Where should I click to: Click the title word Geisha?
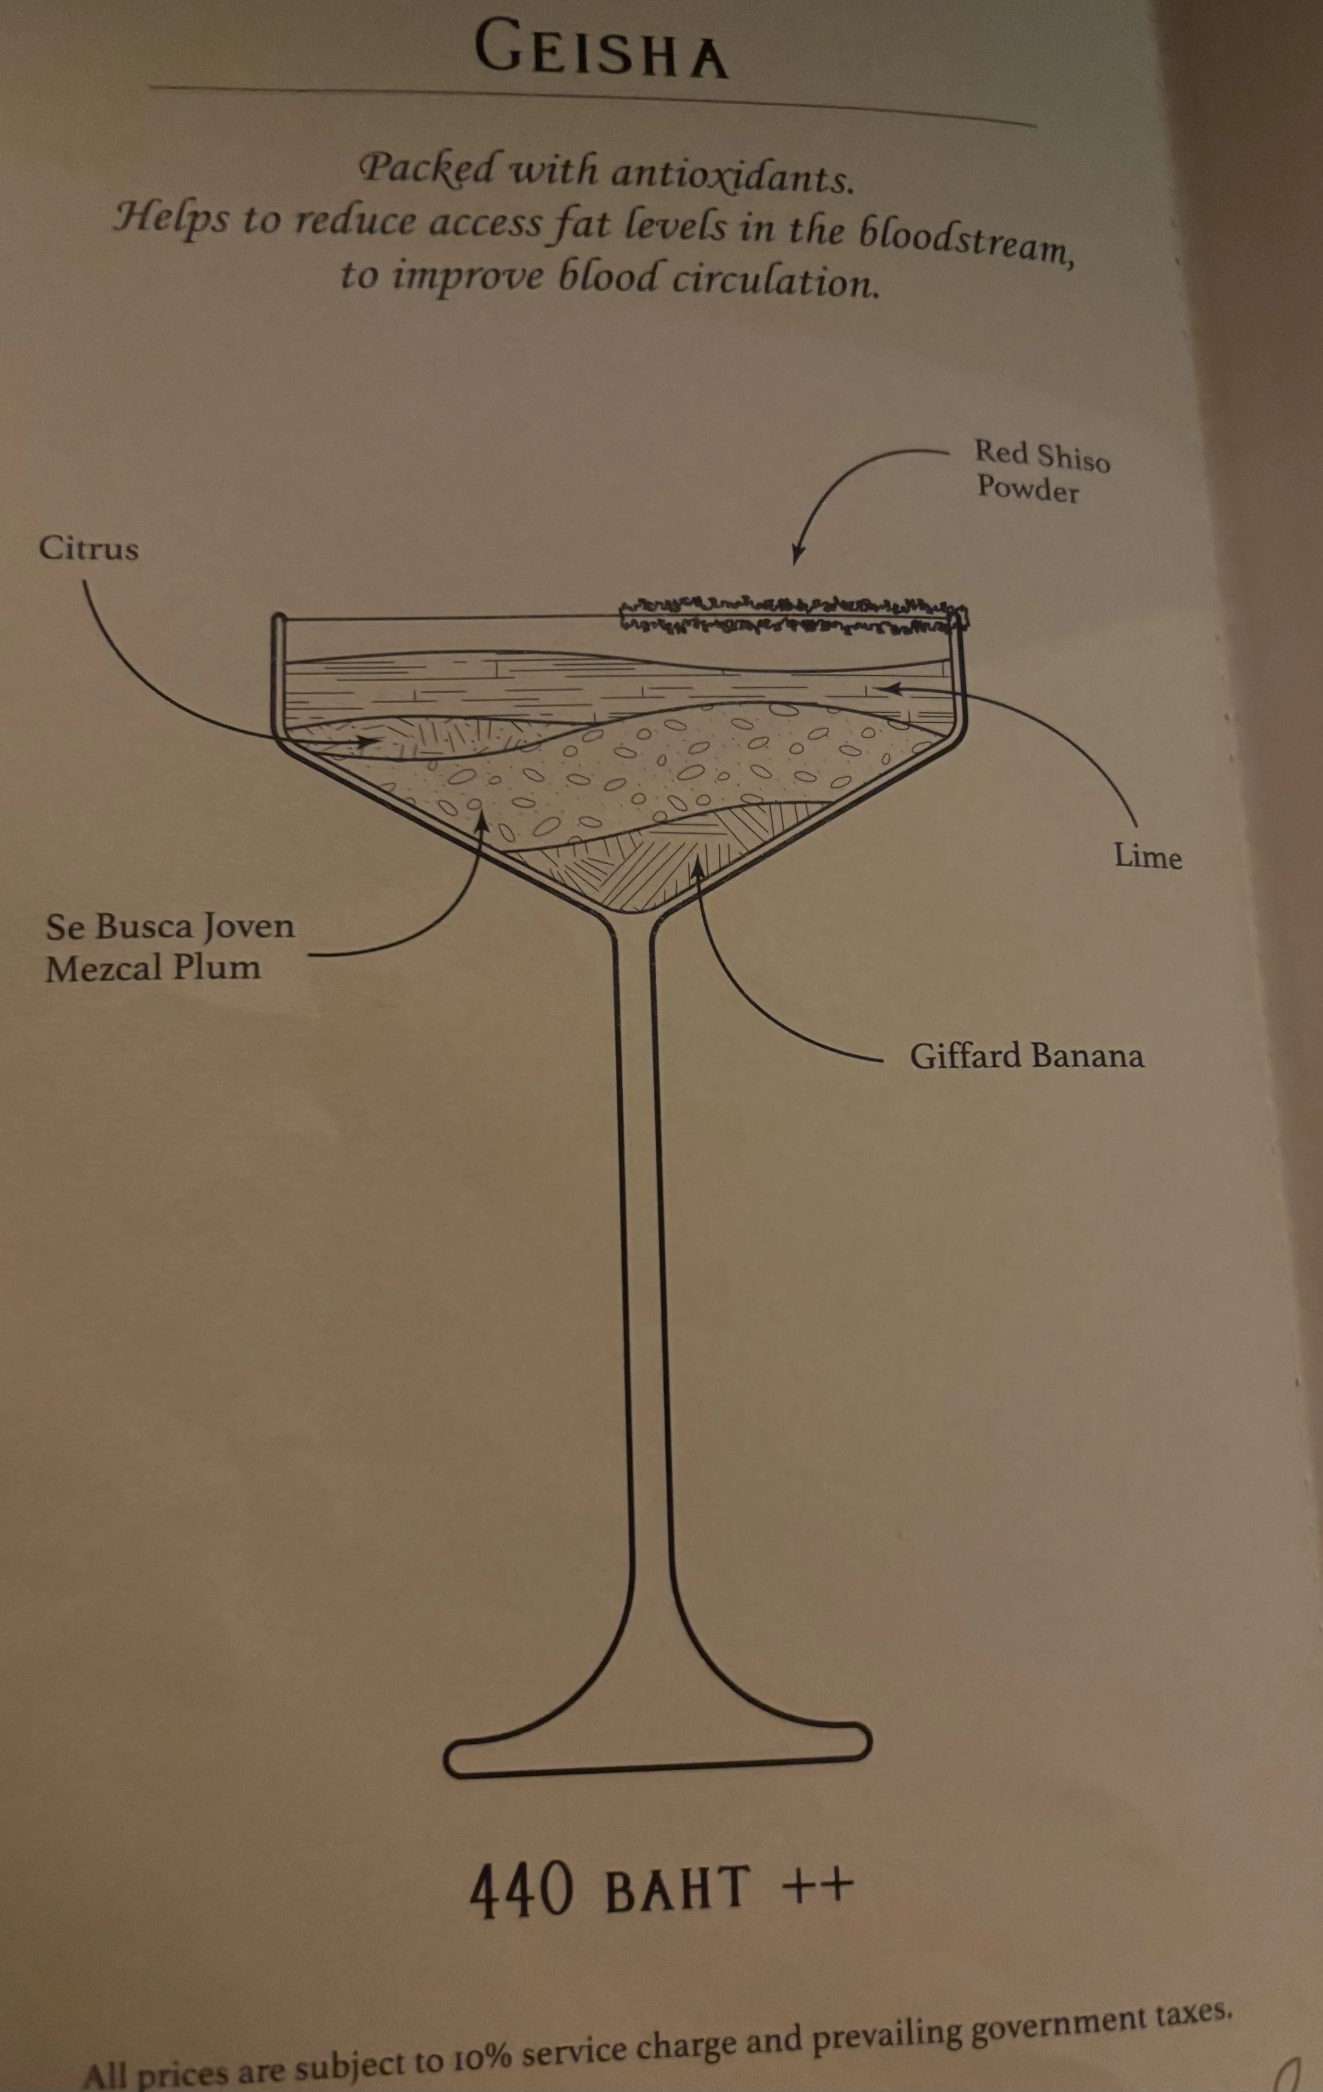click(x=601, y=50)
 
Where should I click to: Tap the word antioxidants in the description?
click(x=730, y=174)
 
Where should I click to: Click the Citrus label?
click(x=88, y=549)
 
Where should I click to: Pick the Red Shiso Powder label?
click(x=1041, y=471)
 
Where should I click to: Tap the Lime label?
click(x=1147, y=857)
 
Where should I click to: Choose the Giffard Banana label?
click(x=1026, y=1056)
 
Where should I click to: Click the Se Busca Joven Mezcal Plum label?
click(x=169, y=947)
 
